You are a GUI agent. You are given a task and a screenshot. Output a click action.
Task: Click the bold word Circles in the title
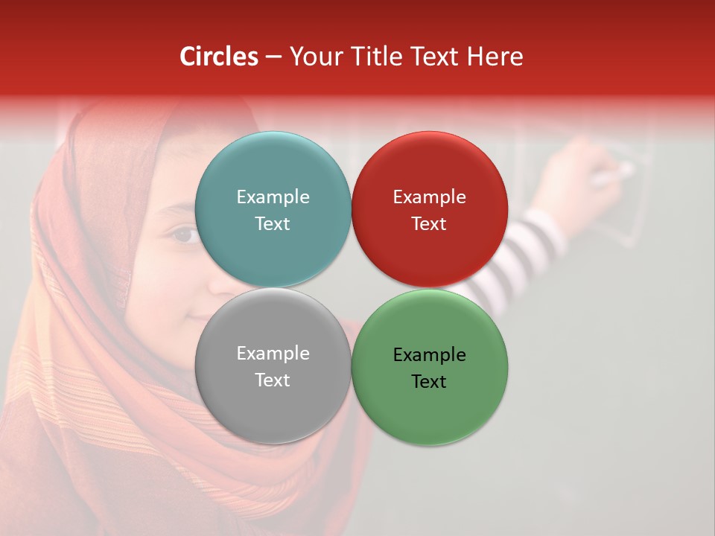219,57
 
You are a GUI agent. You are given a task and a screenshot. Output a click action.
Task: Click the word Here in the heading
495,57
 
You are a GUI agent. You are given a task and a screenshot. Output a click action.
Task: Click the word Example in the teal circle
273,197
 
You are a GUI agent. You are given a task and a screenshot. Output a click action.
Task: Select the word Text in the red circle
429,223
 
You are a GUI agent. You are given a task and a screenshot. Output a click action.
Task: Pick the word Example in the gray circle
273,353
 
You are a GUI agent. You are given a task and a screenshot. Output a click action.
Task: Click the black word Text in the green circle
429,381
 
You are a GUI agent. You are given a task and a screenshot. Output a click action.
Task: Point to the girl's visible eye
182,235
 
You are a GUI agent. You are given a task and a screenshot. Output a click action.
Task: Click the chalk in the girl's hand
615,174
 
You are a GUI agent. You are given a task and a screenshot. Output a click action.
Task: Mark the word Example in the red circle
429,197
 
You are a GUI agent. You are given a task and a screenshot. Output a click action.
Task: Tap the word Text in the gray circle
273,380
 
